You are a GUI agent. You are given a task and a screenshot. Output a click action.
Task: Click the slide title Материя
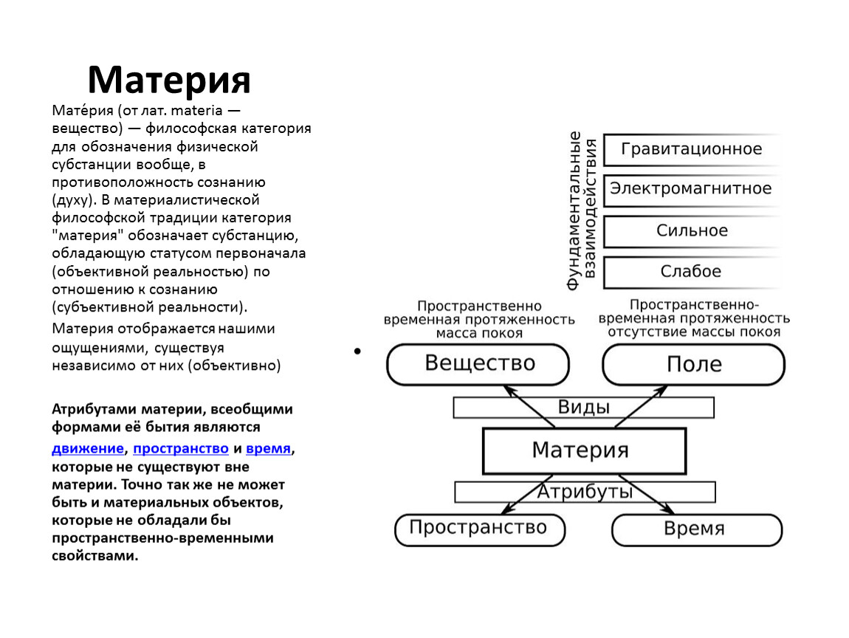click(x=169, y=80)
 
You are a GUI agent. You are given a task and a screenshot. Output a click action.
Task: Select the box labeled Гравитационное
click(x=692, y=149)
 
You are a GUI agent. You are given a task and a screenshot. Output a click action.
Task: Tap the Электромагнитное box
click(x=692, y=190)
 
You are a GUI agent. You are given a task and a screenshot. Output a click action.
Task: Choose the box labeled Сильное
click(x=692, y=232)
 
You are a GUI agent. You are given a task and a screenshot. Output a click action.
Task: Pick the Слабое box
click(x=692, y=272)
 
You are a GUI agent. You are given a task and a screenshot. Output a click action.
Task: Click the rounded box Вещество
click(x=478, y=364)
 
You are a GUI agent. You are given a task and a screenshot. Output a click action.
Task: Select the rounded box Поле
click(x=694, y=365)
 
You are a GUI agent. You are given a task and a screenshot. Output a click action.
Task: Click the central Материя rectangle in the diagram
click(x=584, y=450)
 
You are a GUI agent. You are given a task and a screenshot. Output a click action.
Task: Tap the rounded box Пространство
click(x=480, y=529)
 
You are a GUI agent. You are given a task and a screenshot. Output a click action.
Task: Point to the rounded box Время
click(x=697, y=529)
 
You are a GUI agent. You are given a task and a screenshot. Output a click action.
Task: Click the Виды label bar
click(x=584, y=408)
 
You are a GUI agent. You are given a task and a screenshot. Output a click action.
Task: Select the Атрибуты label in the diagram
click(x=585, y=492)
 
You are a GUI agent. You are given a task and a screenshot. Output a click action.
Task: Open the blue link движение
click(x=88, y=449)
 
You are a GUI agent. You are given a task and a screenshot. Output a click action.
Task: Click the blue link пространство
click(x=181, y=449)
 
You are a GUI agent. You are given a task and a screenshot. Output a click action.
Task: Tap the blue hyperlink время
click(x=268, y=449)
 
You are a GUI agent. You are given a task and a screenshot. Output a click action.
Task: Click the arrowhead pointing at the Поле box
click(x=661, y=390)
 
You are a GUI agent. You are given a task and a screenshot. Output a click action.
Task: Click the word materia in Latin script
click(x=196, y=111)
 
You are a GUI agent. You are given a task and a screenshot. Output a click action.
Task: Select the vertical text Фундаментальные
click(x=574, y=210)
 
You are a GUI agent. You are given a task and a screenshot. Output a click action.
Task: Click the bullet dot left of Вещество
click(x=357, y=351)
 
